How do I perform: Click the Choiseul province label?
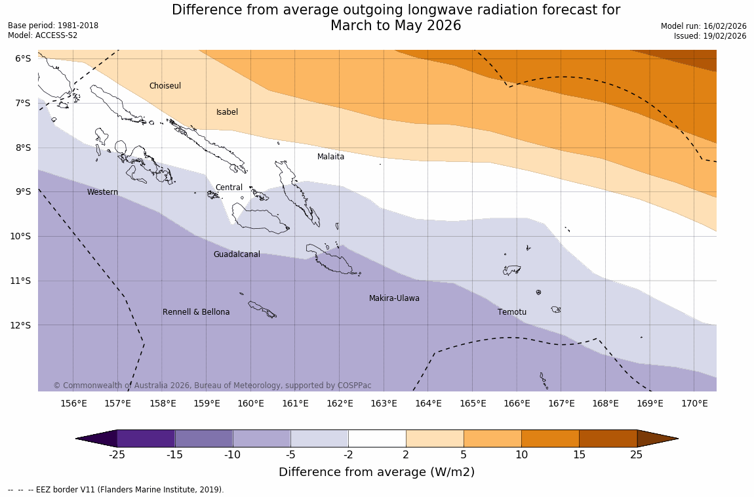coord(165,86)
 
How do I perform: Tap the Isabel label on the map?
coord(227,112)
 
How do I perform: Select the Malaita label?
coord(330,157)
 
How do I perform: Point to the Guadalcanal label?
coord(237,254)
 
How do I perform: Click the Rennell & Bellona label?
coord(196,312)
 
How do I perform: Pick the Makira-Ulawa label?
coord(394,298)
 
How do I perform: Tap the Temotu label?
coord(511,312)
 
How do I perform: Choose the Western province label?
coord(102,192)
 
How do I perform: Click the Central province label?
coord(229,188)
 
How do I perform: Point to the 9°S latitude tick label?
coord(23,191)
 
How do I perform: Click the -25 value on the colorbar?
coord(117,455)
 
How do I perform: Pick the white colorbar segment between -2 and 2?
coord(377,439)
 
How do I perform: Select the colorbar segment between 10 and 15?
coord(550,439)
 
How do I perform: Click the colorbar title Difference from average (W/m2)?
coord(376,472)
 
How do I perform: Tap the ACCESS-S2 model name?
coord(55,35)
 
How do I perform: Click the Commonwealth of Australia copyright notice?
coord(212,386)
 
